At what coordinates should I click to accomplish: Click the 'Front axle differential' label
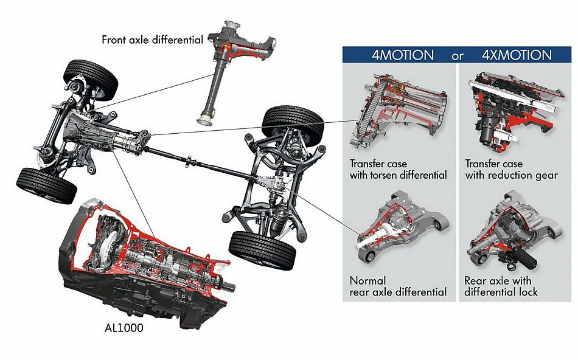(152, 40)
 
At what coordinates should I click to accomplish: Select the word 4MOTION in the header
(403, 55)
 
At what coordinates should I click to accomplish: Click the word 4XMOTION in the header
(517, 55)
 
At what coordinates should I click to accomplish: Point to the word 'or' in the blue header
(458, 56)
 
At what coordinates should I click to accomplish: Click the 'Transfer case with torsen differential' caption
(398, 170)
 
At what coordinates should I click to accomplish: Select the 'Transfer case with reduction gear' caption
(511, 170)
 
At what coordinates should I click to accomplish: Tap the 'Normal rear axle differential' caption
(398, 286)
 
